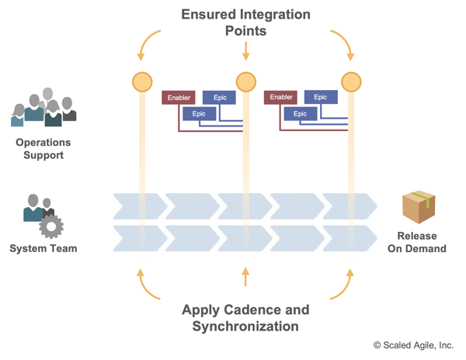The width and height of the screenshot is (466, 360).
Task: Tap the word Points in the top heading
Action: (245, 31)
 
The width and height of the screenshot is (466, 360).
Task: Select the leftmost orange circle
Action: (142, 81)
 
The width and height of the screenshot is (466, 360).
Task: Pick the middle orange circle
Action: (245, 81)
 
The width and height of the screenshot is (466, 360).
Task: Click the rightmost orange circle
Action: (351, 81)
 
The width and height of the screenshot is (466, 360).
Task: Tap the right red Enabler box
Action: (280, 98)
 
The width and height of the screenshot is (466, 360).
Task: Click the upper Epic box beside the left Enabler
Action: (219, 98)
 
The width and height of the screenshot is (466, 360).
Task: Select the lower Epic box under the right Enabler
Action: (300, 114)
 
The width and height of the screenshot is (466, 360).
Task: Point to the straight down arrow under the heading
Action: (245, 51)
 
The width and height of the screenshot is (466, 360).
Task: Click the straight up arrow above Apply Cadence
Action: (245, 277)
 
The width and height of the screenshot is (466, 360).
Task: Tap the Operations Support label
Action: (43, 149)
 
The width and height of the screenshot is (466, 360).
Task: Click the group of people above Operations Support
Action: (44, 109)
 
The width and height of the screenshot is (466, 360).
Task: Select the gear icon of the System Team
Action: (51, 226)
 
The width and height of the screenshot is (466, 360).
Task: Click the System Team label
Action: (43, 249)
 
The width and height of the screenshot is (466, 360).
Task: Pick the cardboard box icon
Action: (418, 206)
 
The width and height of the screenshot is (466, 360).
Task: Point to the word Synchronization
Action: (245, 327)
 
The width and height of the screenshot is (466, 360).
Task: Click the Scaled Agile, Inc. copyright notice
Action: (413, 345)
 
